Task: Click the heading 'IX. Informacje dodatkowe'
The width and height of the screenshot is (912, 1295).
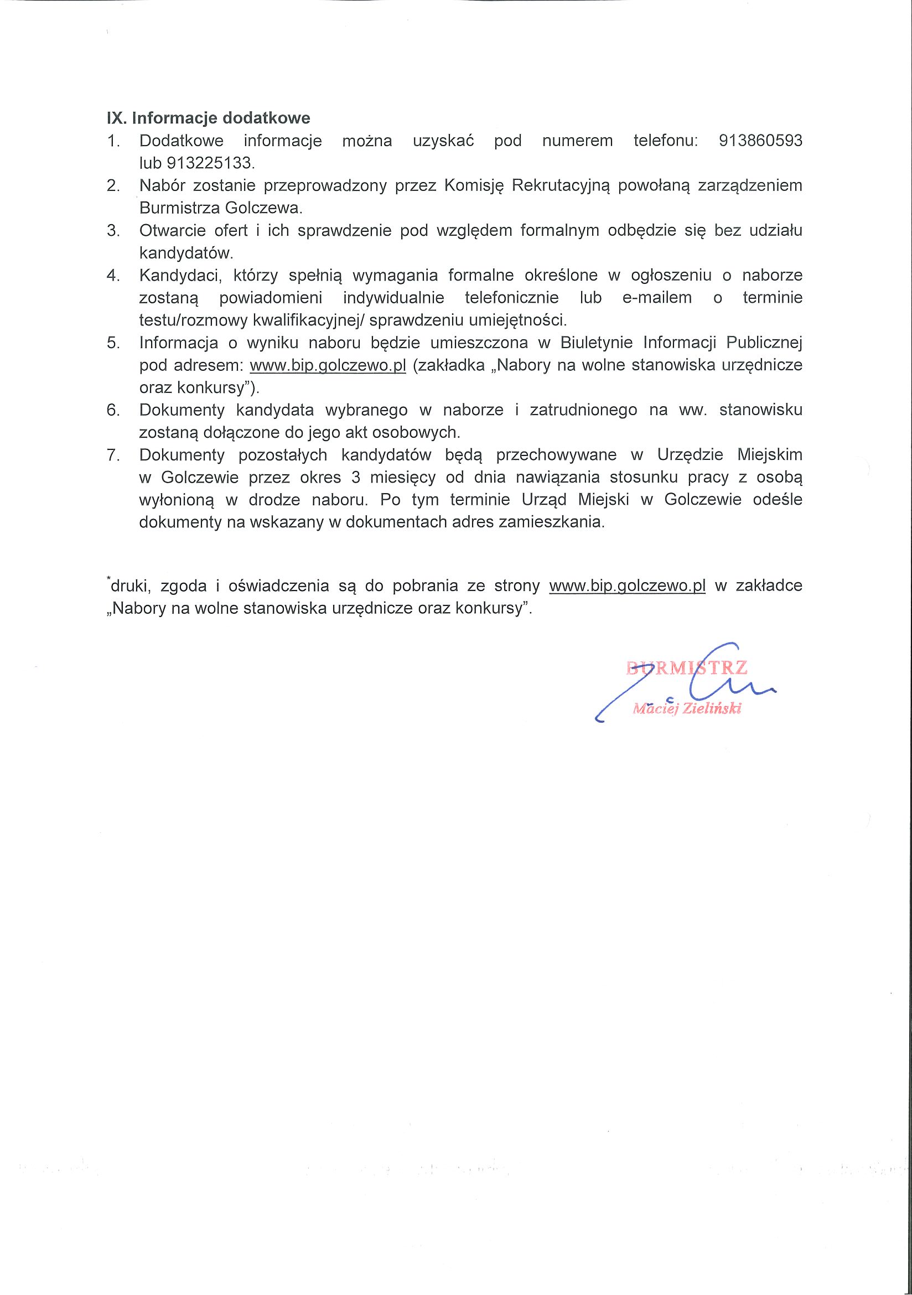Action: (x=208, y=118)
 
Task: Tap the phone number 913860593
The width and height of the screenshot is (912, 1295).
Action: (x=760, y=141)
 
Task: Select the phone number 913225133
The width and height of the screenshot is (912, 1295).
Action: (x=210, y=163)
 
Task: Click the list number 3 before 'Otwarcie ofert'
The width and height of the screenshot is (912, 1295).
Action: (x=113, y=230)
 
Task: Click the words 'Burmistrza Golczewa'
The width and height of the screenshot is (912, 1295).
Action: (x=220, y=208)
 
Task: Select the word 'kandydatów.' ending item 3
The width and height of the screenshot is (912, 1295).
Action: (x=186, y=253)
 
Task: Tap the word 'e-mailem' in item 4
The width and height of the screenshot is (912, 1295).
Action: (x=656, y=298)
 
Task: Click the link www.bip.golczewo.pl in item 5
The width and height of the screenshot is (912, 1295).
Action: (x=328, y=365)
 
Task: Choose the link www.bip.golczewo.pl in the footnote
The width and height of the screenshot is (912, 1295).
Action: (x=627, y=586)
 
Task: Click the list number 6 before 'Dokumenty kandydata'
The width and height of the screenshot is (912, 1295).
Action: (x=113, y=410)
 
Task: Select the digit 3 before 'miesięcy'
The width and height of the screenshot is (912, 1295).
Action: (x=355, y=478)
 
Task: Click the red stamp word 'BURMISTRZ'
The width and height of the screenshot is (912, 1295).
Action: (x=686, y=668)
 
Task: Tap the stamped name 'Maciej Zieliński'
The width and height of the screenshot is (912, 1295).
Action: (x=686, y=709)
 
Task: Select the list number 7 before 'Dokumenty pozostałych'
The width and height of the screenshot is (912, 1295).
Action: (x=113, y=455)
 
